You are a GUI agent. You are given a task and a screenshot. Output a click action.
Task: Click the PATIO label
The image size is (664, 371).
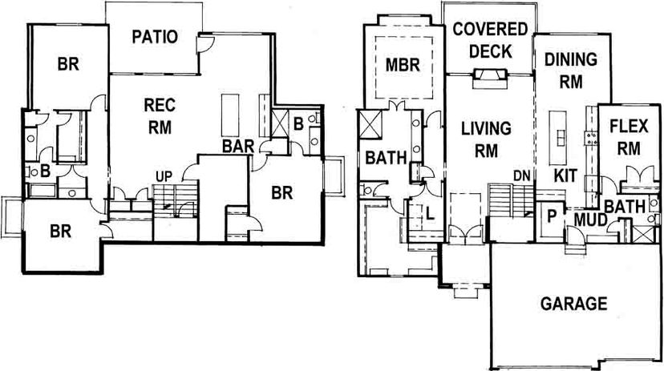(155, 37)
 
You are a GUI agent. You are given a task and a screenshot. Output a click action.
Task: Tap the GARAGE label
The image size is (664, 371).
(574, 304)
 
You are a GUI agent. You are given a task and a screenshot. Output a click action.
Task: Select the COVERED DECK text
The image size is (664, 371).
(490, 40)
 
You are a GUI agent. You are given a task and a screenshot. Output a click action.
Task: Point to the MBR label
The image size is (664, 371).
(403, 65)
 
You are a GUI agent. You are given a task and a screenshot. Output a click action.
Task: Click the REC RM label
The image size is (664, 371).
(160, 116)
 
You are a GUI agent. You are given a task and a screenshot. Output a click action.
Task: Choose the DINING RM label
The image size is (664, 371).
(571, 71)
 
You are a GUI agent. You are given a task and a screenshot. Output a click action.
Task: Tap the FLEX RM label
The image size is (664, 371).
(629, 138)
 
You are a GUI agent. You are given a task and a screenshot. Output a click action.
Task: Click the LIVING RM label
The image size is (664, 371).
(486, 139)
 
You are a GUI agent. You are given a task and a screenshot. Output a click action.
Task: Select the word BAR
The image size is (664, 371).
(238, 147)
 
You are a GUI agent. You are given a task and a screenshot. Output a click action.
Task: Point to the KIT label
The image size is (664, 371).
(565, 175)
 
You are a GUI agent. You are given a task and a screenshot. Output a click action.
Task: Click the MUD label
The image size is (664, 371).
(591, 220)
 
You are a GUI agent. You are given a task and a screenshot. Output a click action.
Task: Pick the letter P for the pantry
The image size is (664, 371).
(552, 216)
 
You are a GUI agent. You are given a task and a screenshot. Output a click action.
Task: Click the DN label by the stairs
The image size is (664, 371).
(522, 175)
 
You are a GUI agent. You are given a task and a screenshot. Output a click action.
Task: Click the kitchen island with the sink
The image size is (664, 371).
(558, 139)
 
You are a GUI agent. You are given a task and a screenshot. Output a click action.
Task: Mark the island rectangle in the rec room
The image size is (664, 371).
(230, 115)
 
